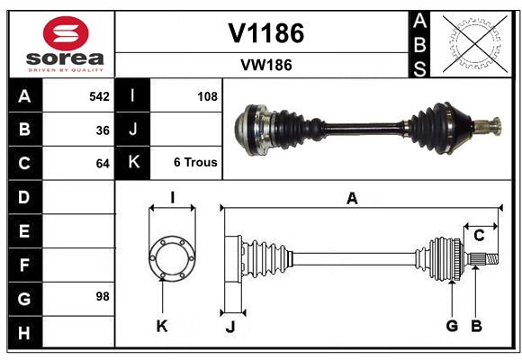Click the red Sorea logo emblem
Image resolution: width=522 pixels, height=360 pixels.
tap(64, 34)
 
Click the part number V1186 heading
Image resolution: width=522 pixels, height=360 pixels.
tap(265, 33)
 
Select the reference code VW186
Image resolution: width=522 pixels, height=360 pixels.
tap(265, 65)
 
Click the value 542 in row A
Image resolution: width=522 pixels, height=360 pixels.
tap(99, 96)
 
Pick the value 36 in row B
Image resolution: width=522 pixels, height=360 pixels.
tap(103, 130)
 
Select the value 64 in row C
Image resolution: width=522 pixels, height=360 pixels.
tap(103, 164)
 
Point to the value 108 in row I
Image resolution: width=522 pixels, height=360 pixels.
tap(207, 96)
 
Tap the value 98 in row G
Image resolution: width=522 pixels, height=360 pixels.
tap(103, 296)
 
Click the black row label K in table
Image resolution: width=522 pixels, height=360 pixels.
tap(132, 163)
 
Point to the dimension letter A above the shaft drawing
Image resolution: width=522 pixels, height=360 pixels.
tap(352, 199)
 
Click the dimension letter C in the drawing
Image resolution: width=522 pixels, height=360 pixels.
tap(480, 236)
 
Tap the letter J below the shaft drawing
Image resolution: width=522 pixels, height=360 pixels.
tap(230, 327)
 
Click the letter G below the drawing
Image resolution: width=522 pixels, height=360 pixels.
tap(452, 326)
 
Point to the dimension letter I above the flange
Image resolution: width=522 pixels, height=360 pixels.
tap(171, 197)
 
